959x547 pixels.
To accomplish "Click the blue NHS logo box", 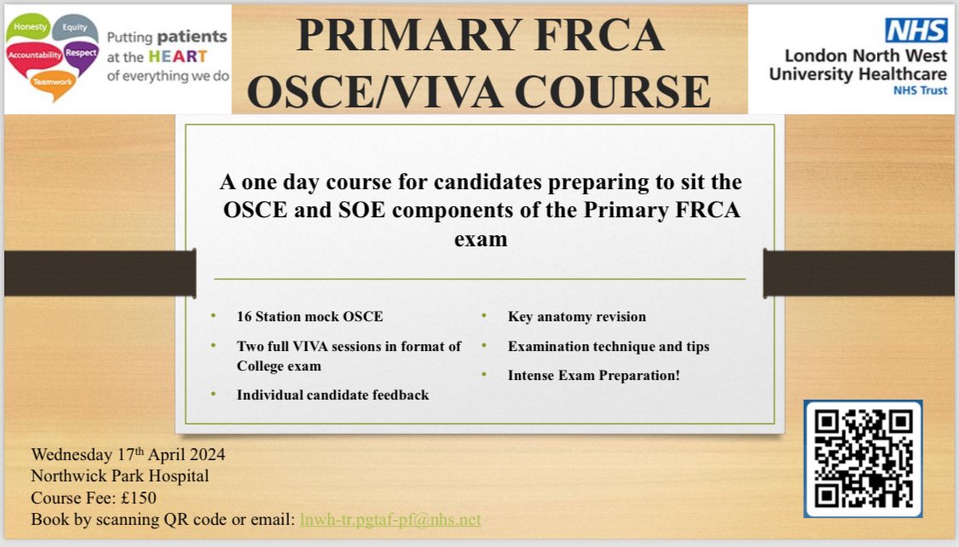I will (x=916, y=31).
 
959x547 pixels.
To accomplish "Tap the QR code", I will (x=863, y=458).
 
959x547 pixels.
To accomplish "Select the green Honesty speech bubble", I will (x=29, y=27).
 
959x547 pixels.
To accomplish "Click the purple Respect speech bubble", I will (x=81, y=53).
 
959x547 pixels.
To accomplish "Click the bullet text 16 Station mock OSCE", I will (x=309, y=316).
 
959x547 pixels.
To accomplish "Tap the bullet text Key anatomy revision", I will (x=576, y=316).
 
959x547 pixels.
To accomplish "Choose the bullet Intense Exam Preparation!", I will (x=593, y=374).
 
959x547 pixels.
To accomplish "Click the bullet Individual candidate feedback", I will (x=332, y=394).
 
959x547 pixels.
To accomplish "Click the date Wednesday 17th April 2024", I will (x=128, y=454).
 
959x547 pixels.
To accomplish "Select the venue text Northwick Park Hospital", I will (x=119, y=475).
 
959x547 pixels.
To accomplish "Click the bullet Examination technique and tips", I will (x=608, y=346).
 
